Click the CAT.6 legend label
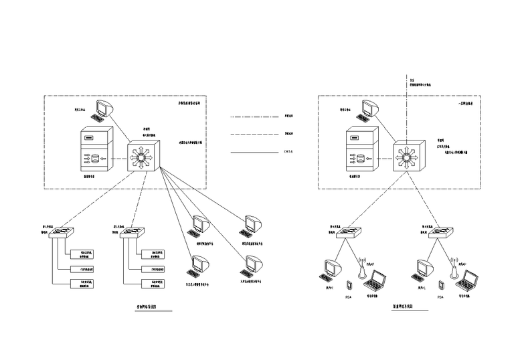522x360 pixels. click(x=288, y=153)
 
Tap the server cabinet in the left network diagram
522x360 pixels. click(x=94, y=153)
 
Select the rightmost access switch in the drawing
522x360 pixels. click(x=442, y=232)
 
